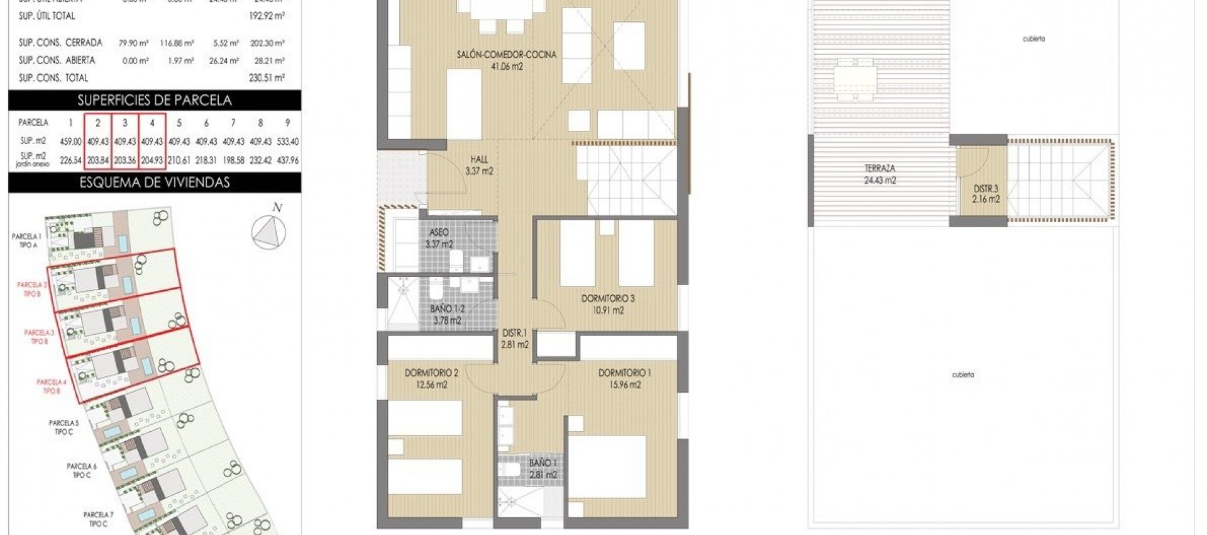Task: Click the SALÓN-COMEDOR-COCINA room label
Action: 507,60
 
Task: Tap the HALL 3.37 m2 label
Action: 479,165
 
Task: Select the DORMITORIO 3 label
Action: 607,304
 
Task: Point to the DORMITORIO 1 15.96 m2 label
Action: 624,378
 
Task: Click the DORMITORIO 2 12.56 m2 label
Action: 431,378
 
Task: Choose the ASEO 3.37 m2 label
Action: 439,238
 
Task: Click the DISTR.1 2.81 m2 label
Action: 514,338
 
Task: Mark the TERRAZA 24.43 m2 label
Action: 879,174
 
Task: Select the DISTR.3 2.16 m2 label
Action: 985,193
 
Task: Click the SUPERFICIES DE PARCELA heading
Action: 155,100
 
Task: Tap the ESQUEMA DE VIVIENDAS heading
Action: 155,183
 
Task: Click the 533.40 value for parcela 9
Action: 287,142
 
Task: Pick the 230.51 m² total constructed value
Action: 267,78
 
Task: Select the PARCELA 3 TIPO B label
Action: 39,337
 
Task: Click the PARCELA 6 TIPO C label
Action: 82,470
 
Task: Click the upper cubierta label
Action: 1033,39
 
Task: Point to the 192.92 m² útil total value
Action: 267,16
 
